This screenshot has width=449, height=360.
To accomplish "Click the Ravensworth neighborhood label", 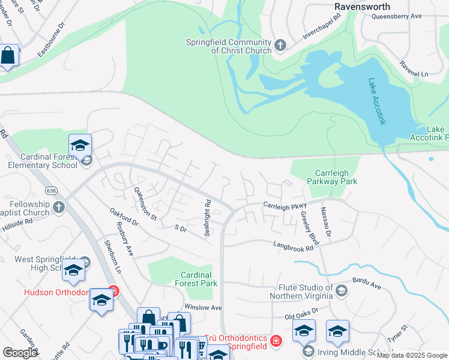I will click(362, 7).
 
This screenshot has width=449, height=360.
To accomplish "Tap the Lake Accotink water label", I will click(376, 102).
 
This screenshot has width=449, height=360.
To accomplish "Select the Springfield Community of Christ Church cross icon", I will click(280, 44).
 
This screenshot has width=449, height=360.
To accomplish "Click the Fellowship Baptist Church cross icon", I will click(58, 208).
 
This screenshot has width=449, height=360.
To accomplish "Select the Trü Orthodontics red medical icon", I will click(275, 341).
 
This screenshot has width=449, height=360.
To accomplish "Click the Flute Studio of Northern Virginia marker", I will click(341, 292).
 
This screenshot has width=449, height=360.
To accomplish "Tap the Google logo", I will click(20, 353).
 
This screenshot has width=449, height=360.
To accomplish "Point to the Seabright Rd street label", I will click(208, 218).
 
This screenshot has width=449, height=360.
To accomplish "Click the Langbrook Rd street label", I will click(294, 245).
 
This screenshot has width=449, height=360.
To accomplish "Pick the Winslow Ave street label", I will click(203, 307).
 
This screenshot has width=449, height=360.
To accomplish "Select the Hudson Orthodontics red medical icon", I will click(113, 292).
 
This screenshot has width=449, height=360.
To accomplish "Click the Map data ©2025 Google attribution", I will click(412, 355).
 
